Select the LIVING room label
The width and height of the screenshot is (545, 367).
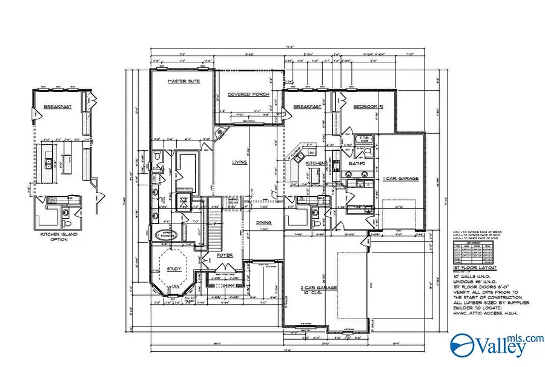point(239,162)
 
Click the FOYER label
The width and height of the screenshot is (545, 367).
point(225,255)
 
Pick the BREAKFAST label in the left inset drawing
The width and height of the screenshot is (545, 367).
point(54,108)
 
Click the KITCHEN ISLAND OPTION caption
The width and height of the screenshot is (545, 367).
point(59,237)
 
